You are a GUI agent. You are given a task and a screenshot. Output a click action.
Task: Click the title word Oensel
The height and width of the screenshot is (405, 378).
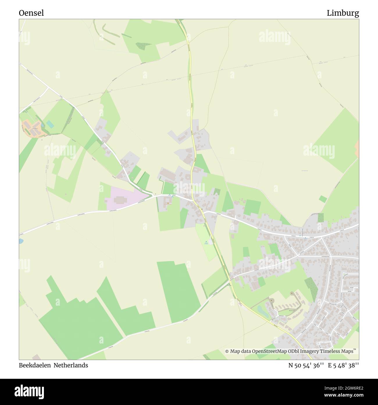(31, 13)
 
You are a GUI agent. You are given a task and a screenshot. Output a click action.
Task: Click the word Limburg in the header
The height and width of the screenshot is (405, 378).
(343, 13)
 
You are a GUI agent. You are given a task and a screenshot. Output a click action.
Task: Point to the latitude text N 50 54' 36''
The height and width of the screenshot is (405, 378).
(306, 365)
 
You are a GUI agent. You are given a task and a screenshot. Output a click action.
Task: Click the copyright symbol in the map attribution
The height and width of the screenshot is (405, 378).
(227, 351)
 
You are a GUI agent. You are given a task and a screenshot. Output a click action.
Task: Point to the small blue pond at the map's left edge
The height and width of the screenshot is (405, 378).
(20, 241)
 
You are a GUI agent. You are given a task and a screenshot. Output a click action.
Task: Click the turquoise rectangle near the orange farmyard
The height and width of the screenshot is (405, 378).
(50, 124)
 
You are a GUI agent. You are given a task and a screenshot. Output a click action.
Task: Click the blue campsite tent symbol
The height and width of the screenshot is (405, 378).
(206, 242)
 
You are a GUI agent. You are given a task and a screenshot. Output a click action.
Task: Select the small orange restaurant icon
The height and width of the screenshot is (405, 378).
(168, 203)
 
